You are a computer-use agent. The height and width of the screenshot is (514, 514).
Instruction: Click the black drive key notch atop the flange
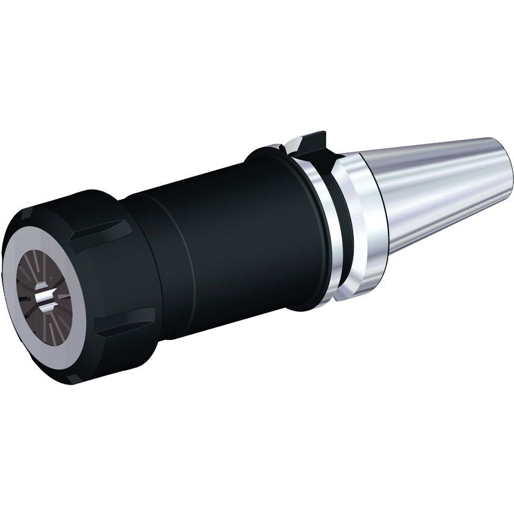click(313, 144)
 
